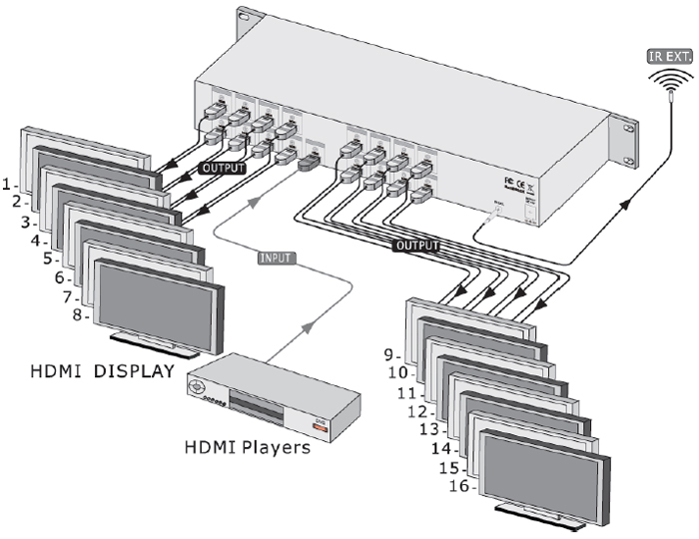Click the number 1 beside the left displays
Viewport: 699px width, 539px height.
tap(8, 184)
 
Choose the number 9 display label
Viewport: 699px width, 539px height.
tap(392, 353)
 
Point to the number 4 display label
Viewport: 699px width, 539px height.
tap(37, 241)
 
